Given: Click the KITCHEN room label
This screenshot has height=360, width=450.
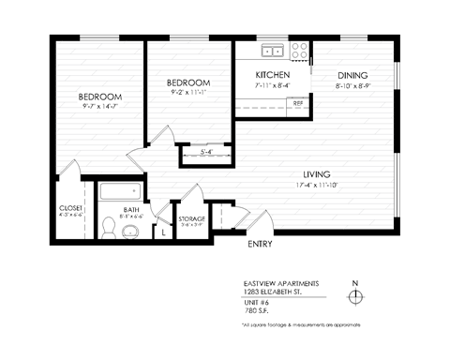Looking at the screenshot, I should tap(272, 75).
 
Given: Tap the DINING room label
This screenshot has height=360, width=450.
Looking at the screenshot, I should tap(352, 75).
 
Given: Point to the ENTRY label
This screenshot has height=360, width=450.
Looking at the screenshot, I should tap(260, 245).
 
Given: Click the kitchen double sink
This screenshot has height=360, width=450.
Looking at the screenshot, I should tap(273, 51).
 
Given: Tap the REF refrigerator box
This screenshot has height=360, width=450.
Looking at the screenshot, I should tap(297, 103).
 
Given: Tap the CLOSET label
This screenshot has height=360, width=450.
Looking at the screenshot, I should tap(71, 207).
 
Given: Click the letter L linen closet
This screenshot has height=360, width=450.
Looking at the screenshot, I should tap(164, 228).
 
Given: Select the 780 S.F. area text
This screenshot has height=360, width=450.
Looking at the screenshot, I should tap(255, 308).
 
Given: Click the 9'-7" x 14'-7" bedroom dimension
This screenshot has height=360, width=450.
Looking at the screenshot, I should tap(99, 107).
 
